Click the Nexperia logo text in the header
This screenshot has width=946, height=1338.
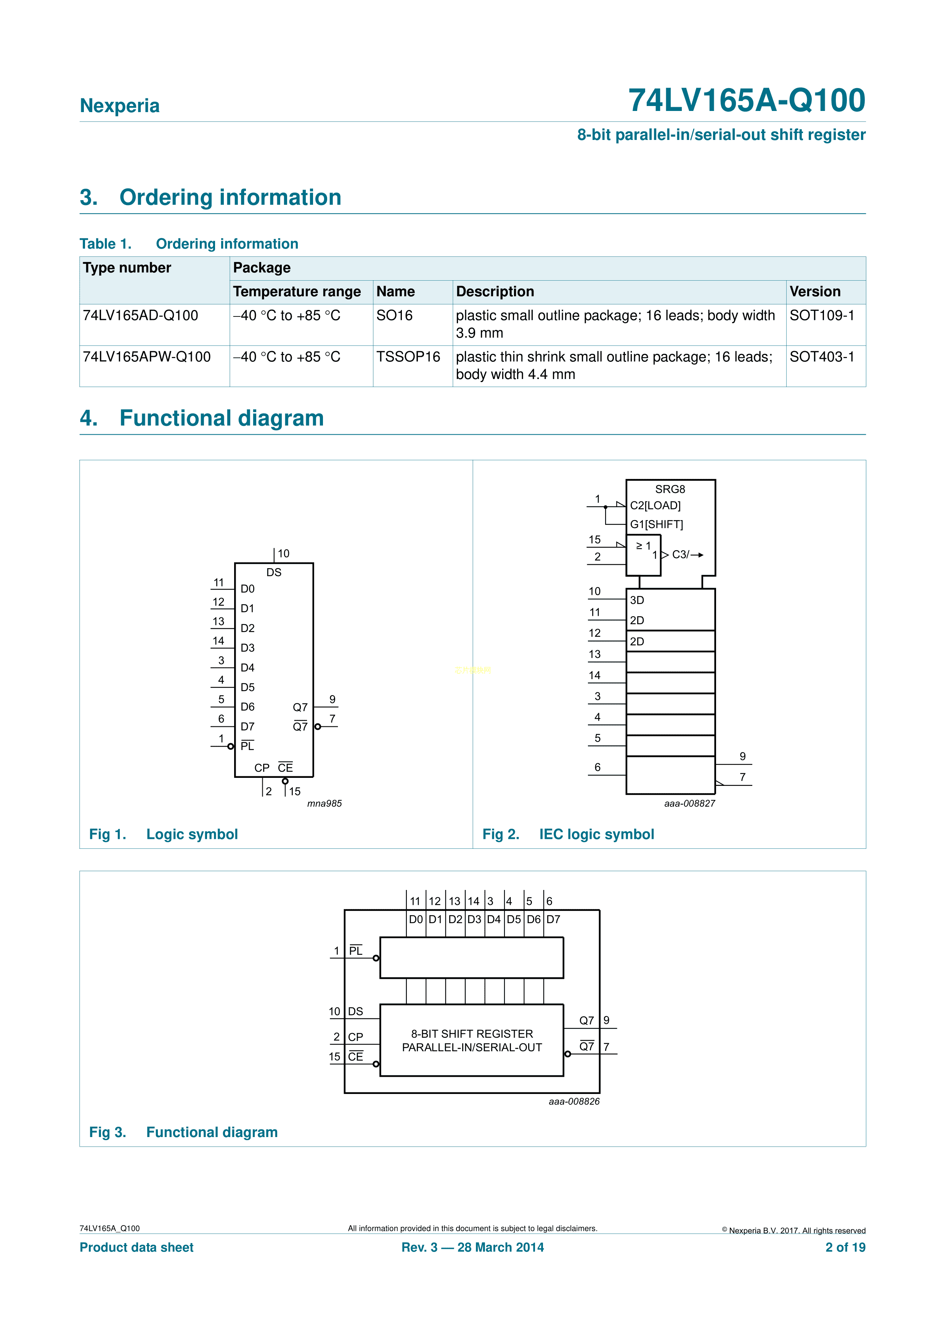coord(119,106)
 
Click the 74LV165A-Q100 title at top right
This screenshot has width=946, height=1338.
coord(747,100)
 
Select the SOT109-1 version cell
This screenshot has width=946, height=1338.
coord(821,315)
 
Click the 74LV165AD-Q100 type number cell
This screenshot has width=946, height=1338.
coord(140,315)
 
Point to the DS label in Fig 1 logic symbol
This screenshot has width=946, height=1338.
coord(274,572)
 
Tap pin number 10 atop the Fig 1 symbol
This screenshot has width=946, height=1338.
coord(283,554)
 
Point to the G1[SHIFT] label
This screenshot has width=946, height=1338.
coord(656,524)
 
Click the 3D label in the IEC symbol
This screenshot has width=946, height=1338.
coord(637,600)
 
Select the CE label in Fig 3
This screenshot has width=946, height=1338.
coord(355,1057)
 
